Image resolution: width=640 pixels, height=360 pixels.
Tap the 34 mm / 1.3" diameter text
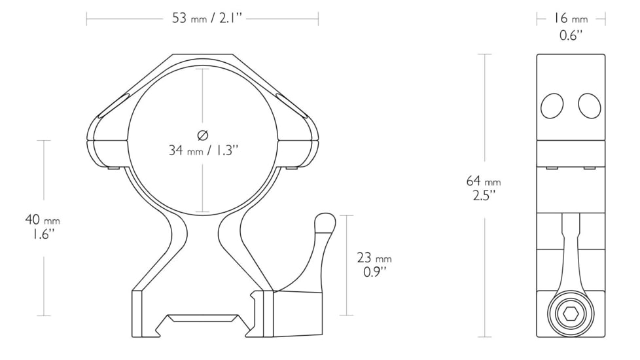202,151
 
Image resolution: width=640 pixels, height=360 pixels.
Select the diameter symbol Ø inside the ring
202,135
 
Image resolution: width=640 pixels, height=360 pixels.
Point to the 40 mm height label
43,219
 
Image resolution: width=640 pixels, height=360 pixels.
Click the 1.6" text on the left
43,234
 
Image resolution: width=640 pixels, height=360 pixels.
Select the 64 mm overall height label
483,181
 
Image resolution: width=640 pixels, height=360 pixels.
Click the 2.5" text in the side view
483,194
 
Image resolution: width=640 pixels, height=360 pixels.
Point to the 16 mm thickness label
571,19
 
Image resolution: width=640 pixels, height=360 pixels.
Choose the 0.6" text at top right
571,35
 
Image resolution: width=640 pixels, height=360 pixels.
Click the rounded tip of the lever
325,223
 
